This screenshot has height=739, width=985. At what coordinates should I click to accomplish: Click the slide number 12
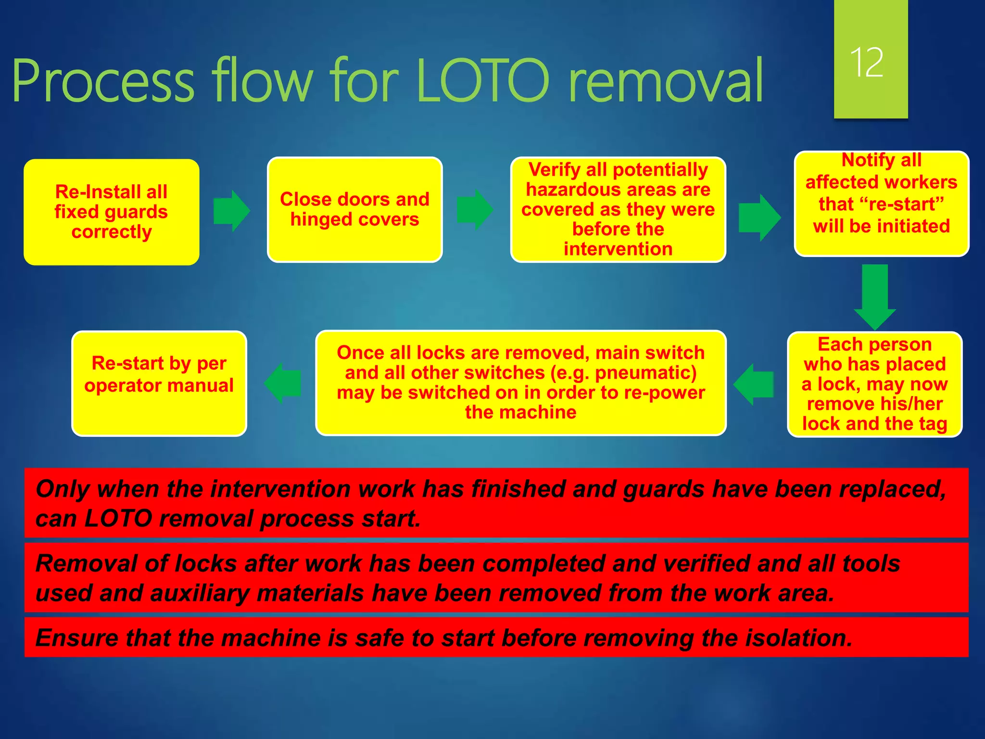pos(867,63)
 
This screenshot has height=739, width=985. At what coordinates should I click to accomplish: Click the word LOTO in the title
pos(482,81)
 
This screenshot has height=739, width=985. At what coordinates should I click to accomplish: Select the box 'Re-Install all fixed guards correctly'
pos(111,212)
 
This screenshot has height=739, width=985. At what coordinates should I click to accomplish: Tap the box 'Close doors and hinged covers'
pos(354,209)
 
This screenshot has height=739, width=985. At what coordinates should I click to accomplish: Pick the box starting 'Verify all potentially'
pos(618,209)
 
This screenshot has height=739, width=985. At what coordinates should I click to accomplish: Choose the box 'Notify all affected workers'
pos(881,204)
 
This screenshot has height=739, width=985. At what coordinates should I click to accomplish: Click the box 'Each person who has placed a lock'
pos(874,384)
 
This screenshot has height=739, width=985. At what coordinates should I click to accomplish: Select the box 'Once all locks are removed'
pos(520,382)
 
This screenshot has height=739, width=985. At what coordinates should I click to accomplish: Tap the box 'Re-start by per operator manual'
pos(159,383)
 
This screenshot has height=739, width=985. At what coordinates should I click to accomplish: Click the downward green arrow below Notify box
pos(874,296)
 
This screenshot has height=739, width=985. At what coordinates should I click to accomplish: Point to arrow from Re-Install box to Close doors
pos(232,210)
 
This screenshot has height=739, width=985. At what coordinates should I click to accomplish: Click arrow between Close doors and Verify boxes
pos(475,210)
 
